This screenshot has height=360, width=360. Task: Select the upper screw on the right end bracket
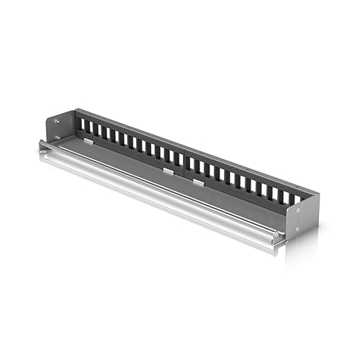(x=297, y=210)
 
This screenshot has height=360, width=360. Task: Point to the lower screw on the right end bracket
(x=297, y=228)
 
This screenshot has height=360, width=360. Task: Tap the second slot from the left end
(x=90, y=130)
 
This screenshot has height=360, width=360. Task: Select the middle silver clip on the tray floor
(x=168, y=171)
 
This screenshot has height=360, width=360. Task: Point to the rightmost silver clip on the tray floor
(x=197, y=181)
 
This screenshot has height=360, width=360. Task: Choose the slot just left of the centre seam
(x=177, y=159)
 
